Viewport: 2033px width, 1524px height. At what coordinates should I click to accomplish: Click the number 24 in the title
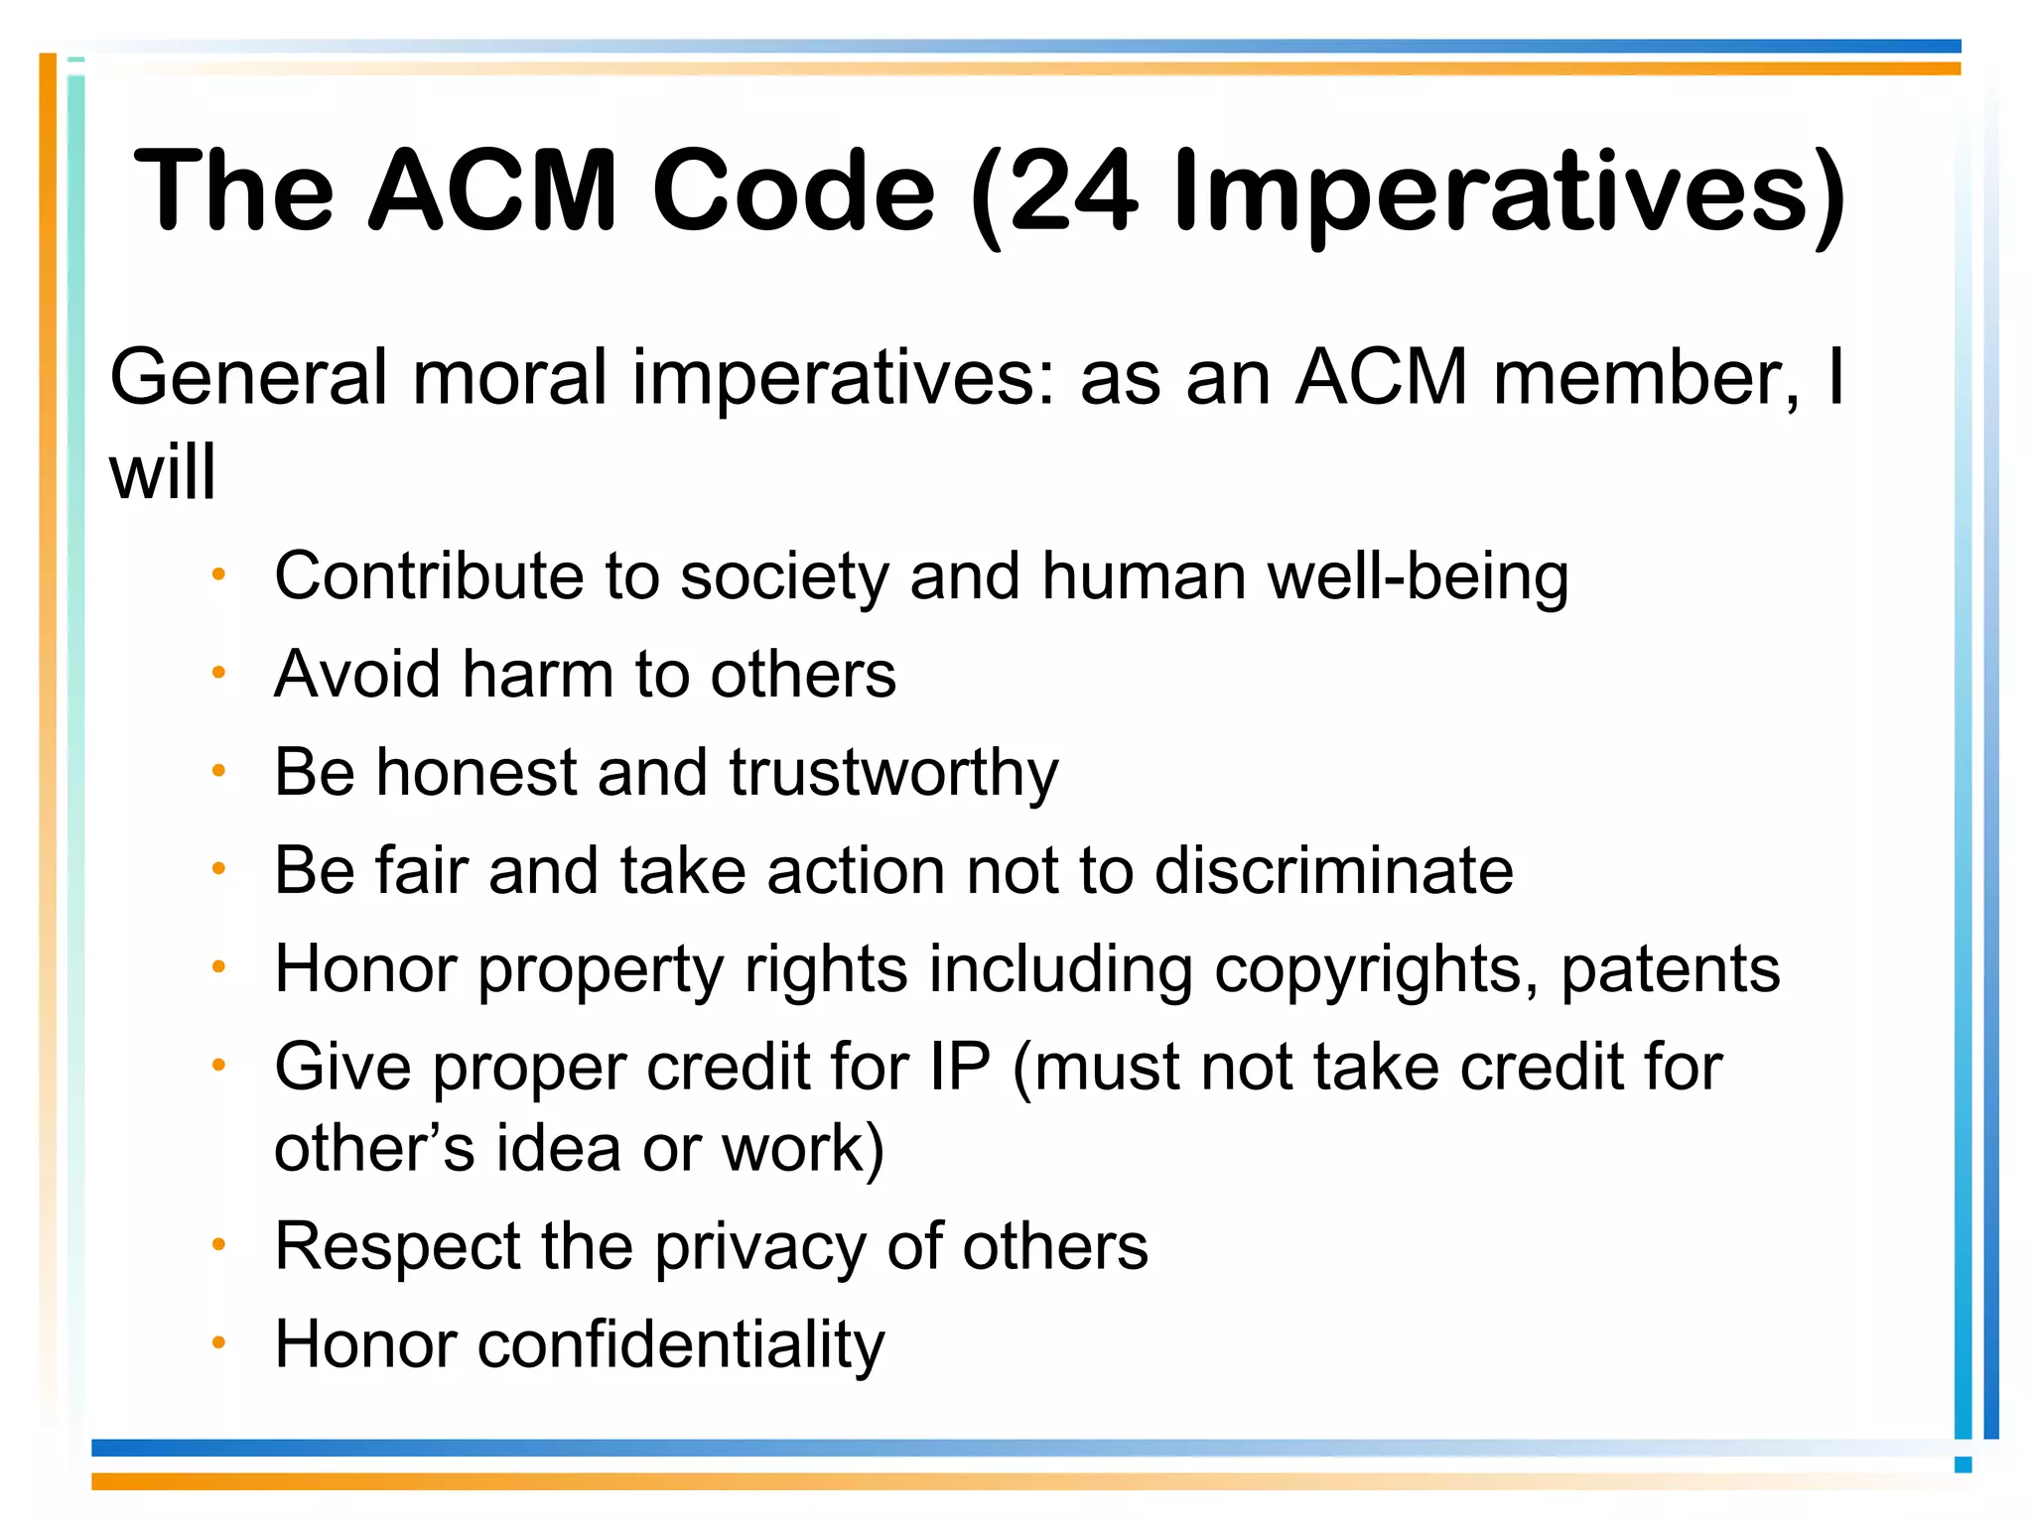[1072, 190]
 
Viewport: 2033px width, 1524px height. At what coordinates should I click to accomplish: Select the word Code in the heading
[793, 190]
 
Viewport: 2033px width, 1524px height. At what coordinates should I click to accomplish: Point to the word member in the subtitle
[1645, 378]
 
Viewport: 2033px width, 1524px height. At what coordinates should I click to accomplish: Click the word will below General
[162, 472]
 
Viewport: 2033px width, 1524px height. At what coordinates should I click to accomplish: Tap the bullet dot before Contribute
[219, 573]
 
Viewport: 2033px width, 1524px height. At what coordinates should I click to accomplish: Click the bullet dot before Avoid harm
[219, 673]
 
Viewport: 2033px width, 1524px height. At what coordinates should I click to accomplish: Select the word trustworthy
[893, 774]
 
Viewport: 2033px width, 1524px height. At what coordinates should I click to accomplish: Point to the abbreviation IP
[960, 1068]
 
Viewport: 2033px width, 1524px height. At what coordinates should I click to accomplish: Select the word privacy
[759, 1247]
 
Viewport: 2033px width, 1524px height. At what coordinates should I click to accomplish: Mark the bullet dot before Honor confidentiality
[219, 1342]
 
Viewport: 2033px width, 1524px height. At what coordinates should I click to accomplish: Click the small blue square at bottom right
[1963, 1464]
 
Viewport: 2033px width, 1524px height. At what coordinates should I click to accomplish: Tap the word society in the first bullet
[784, 577]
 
